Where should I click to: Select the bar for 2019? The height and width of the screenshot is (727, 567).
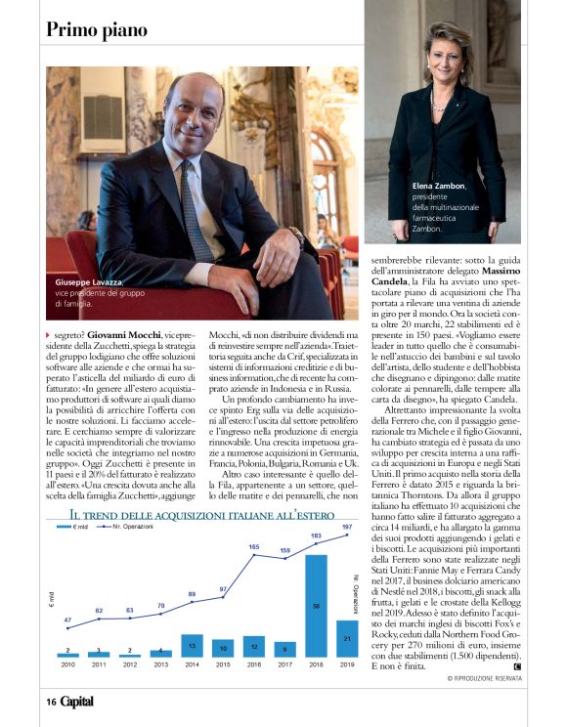346,638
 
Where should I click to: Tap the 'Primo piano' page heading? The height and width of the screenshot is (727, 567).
97,29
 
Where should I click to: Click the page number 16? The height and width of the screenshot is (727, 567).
50,701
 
